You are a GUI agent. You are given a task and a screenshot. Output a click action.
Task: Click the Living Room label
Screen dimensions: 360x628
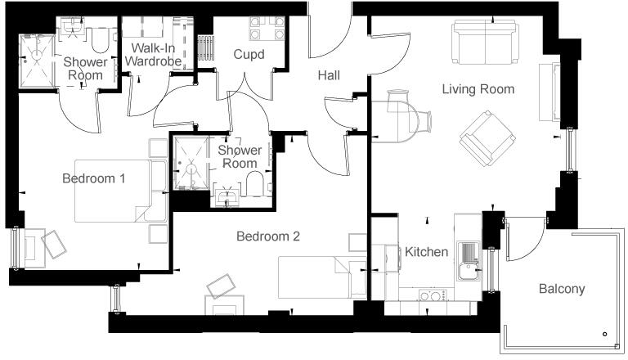478,89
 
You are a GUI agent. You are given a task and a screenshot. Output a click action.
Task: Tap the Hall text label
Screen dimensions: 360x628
329,76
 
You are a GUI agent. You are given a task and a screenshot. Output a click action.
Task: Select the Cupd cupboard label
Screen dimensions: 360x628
249,54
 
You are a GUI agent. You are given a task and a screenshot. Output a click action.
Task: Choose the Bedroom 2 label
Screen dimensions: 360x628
267,236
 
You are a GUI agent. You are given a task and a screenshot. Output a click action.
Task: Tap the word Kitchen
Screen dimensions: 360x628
426,251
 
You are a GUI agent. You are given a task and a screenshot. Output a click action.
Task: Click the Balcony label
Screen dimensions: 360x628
561,289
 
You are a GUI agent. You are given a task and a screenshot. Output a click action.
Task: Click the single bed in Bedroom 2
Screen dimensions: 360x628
315,276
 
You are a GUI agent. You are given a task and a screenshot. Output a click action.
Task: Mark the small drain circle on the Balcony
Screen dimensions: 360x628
604,334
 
